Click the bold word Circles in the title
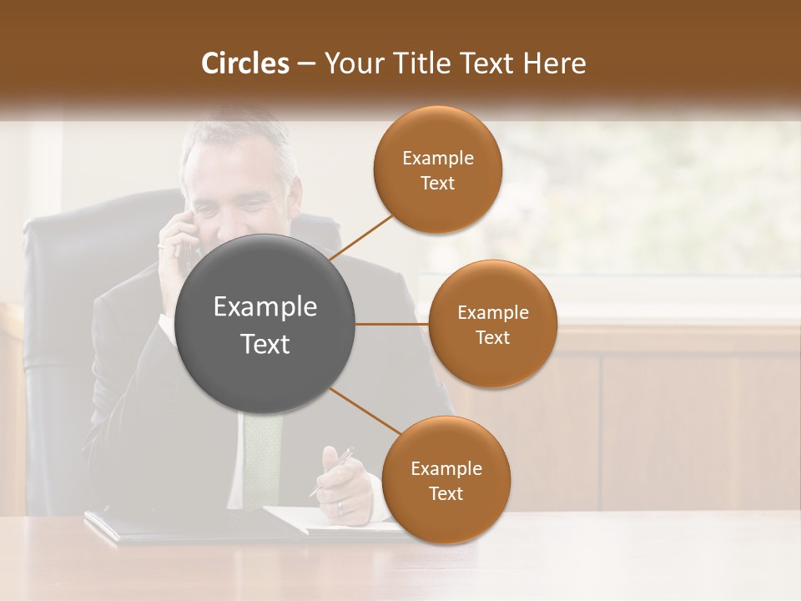(245, 63)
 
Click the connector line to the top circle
(364, 235)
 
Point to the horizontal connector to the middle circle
(392, 324)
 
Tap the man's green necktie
(262, 459)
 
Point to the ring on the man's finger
(340, 507)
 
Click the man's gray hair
(242, 138)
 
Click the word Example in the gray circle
(265, 307)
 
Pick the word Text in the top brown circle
(437, 184)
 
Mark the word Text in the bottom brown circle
(446, 493)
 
